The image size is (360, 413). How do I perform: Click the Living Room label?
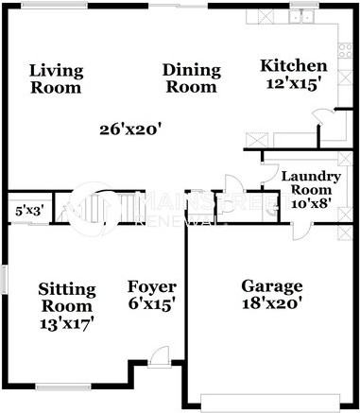click(x=56, y=78)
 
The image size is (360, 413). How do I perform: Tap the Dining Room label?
click(x=191, y=78)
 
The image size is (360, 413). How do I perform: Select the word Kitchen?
click(x=293, y=65)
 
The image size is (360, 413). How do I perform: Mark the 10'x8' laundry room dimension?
click(x=310, y=202)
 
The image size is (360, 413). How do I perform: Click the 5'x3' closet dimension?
click(x=27, y=211)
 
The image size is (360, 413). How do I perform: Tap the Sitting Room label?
click(x=65, y=297)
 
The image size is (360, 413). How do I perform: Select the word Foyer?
click(x=152, y=286)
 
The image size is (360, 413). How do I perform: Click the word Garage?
click(x=272, y=286)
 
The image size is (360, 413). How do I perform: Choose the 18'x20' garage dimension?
click(x=272, y=304)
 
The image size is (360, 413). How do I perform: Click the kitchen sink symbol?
click(x=302, y=15)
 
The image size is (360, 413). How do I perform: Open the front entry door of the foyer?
click(x=161, y=358)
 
